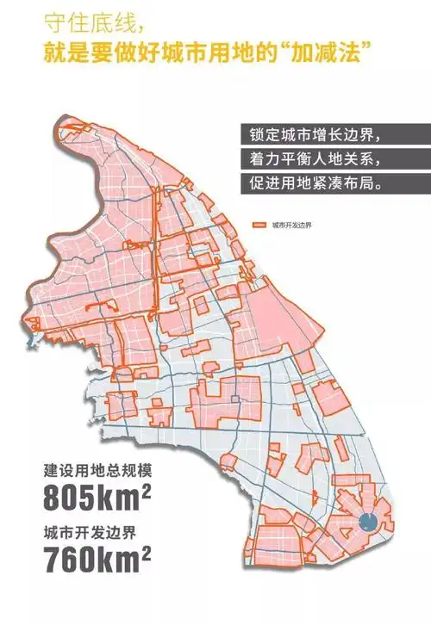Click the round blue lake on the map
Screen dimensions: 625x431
(x=365, y=520)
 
